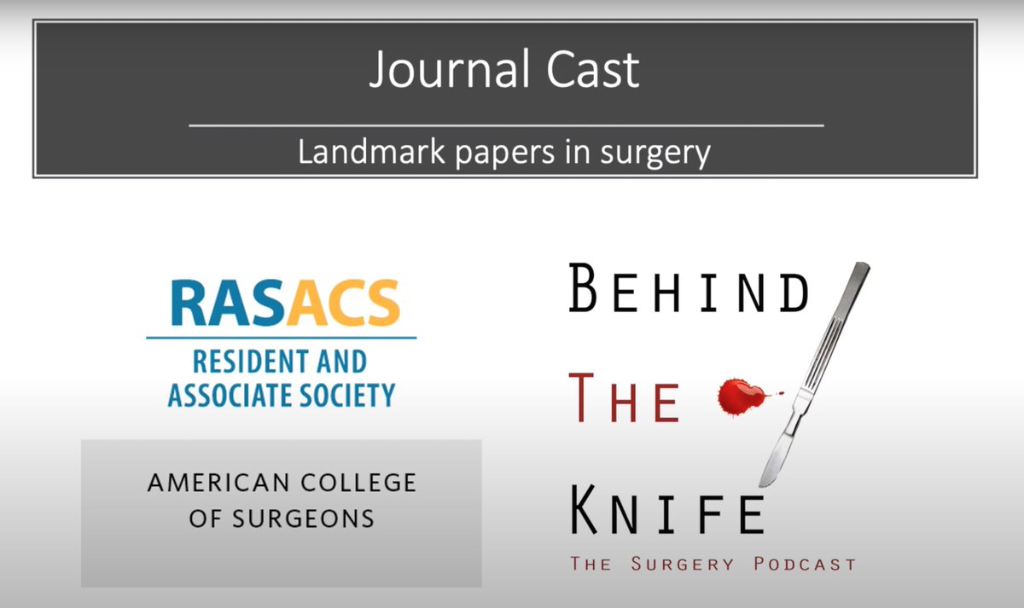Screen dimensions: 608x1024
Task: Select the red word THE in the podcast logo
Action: click(624, 402)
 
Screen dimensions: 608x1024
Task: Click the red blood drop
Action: click(739, 395)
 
